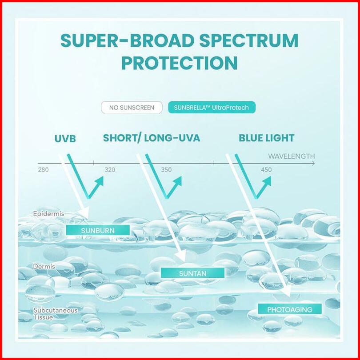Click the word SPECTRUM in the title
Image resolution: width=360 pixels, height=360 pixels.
click(248, 40)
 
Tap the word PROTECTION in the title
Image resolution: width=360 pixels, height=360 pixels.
click(179, 63)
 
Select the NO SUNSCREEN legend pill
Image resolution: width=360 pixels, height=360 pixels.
click(132, 108)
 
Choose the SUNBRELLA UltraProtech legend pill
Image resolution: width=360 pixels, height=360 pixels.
click(212, 108)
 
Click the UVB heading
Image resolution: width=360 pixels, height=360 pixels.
click(65, 139)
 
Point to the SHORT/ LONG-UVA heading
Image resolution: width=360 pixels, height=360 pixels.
click(152, 138)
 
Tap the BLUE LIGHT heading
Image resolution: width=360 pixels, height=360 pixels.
click(267, 138)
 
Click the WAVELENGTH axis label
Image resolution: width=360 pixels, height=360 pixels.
click(292, 156)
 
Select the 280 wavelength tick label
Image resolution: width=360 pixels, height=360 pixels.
click(44, 170)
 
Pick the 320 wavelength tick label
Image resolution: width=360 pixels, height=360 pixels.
click(110, 170)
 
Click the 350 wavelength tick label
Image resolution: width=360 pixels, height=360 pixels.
click(166, 170)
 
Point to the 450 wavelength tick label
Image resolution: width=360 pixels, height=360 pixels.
click(266, 170)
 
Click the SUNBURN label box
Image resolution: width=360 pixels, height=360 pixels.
click(98, 230)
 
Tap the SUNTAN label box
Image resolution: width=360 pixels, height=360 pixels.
click(192, 273)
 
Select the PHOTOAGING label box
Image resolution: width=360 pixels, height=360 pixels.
click(290, 309)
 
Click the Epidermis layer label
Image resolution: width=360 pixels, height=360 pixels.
click(48, 214)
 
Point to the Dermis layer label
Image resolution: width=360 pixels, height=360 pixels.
click(44, 266)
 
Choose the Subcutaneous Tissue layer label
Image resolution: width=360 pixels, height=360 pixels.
click(55, 314)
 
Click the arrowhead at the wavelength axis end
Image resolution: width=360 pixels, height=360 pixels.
click(313, 164)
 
